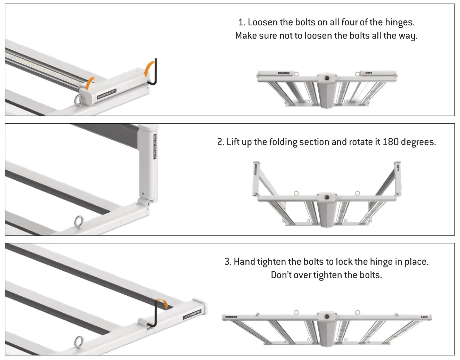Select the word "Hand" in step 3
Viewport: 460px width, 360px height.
click(244, 262)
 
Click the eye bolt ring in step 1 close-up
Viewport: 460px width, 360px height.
click(78, 100)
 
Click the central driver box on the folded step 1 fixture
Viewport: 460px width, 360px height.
click(326, 89)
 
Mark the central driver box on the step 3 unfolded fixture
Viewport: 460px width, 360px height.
click(326, 328)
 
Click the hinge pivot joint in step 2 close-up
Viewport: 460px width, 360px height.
click(147, 202)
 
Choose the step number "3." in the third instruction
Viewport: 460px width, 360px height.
click(228, 262)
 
